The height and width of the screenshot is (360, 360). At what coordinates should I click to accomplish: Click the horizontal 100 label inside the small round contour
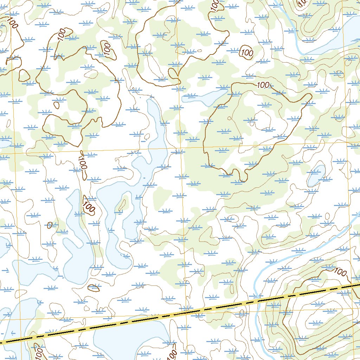tap(247, 53)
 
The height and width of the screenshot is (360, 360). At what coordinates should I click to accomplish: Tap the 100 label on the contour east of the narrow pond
tap(263, 85)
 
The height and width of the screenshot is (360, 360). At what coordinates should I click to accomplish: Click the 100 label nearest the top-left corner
tap(13, 24)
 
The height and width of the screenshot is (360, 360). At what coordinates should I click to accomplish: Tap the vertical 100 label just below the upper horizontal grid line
tap(83, 163)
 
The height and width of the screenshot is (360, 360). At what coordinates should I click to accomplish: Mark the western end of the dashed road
tap(2, 342)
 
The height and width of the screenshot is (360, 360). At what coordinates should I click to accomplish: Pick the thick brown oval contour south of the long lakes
tap(93, 287)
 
